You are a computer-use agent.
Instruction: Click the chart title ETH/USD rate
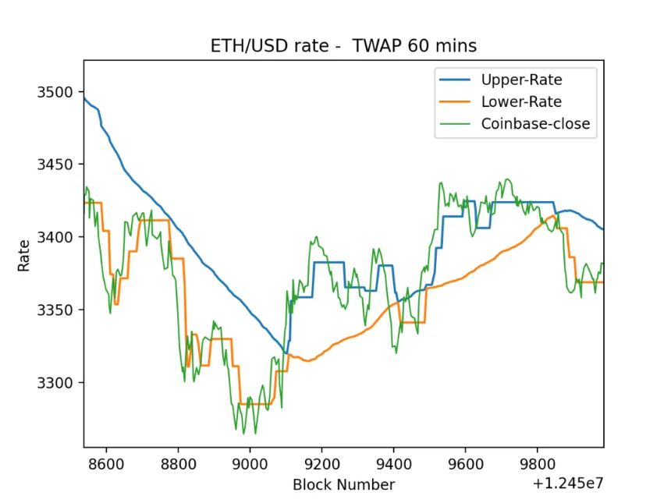[270, 46]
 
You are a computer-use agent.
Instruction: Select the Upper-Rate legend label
[522, 80]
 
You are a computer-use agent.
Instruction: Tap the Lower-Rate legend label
[521, 101]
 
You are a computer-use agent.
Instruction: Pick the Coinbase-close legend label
[536, 124]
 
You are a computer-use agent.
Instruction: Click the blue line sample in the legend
[455, 80]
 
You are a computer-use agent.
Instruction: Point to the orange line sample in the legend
[455, 101]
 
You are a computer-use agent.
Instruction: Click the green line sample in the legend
[455, 124]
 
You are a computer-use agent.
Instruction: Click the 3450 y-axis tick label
[55, 165]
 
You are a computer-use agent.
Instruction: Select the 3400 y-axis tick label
[55, 237]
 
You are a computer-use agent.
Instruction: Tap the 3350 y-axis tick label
[55, 310]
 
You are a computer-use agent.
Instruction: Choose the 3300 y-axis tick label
[55, 382]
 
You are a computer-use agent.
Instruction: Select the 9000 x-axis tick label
[250, 464]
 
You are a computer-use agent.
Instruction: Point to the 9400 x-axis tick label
[394, 464]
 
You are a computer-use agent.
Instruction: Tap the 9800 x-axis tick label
[538, 464]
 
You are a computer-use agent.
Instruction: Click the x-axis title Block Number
[343, 484]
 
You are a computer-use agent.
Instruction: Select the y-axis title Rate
[24, 256]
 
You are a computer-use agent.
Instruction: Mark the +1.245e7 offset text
[568, 484]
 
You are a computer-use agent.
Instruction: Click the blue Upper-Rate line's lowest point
[286, 353]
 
